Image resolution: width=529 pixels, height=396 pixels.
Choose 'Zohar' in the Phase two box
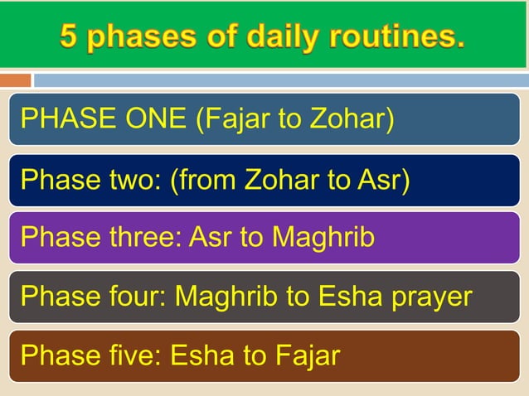(282, 179)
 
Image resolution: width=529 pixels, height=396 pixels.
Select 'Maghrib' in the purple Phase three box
(324, 238)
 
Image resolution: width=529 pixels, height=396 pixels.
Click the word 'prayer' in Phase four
(431, 297)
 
